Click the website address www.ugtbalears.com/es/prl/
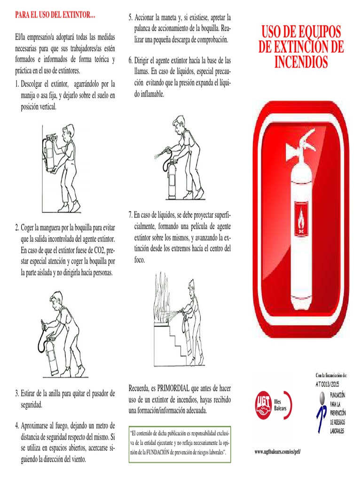[x=277, y=452]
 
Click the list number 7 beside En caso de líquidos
[x=130, y=215]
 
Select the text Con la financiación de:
[x=331, y=375]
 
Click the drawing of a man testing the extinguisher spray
[x=180, y=158]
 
